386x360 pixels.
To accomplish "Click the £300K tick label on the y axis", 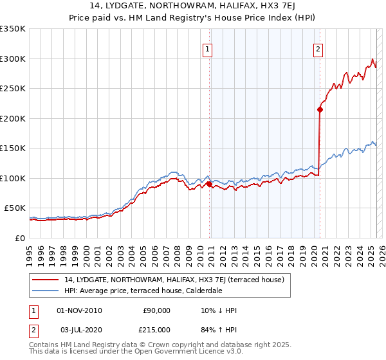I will tap(12, 59).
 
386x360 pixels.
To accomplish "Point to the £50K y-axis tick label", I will tap(15, 208).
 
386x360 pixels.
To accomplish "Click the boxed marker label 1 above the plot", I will tap(208, 48).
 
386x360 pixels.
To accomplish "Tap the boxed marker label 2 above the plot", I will tap(318, 48).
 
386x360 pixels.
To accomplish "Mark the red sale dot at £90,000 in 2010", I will tap(209, 184).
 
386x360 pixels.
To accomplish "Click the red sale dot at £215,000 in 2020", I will tap(319, 109).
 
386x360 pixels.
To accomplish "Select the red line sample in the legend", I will tap(45, 280).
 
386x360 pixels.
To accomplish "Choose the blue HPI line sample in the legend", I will tap(45, 291).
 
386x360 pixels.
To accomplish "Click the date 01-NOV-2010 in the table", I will tap(79, 310).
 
